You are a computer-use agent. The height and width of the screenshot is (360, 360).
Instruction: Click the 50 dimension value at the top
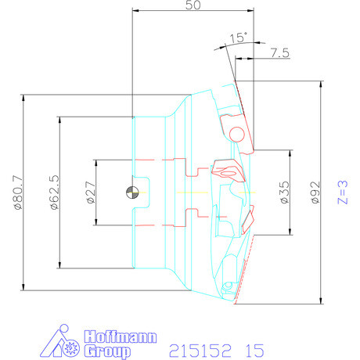[x=193, y=5]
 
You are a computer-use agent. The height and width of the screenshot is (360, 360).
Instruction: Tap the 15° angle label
[x=238, y=38]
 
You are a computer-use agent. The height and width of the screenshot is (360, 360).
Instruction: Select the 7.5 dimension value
[x=279, y=52]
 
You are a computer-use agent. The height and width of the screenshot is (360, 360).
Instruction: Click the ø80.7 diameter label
[x=19, y=193]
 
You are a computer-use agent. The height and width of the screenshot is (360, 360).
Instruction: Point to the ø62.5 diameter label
[x=55, y=193]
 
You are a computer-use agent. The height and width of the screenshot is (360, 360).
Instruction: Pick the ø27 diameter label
[x=92, y=193]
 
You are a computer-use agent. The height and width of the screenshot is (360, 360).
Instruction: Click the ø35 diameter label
[x=285, y=193]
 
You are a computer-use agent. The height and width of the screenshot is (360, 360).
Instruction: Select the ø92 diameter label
[x=315, y=193]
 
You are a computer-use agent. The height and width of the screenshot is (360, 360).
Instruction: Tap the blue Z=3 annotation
[x=343, y=193]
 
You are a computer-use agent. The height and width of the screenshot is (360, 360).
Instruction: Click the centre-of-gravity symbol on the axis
[x=132, y=193]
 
